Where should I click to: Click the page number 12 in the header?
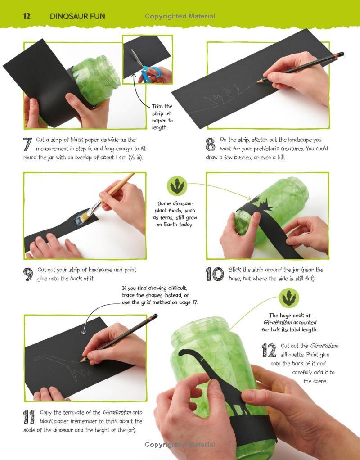[27, 16]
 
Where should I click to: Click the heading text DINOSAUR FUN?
[77, 16]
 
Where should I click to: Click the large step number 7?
[27, 144]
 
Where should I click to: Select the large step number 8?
[210, 144]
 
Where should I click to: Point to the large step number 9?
[28, 274]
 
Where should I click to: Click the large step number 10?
[215, 274]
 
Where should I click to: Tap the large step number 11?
[29, 417]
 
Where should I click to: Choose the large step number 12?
[269, 350]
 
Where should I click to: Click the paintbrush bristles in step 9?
[85, 216]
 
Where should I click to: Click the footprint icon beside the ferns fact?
[177, 186]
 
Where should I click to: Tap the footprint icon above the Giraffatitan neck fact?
[289, 298]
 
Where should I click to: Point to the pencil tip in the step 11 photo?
[81, 361]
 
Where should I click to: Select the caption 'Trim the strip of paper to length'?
[162, 117]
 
